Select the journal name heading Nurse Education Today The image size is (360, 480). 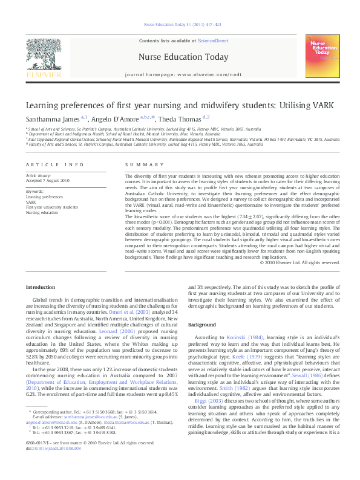[183, 57]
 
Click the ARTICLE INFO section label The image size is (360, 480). [47, 165]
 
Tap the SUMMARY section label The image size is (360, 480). [136, 165]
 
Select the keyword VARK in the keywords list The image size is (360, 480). [31, 202]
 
